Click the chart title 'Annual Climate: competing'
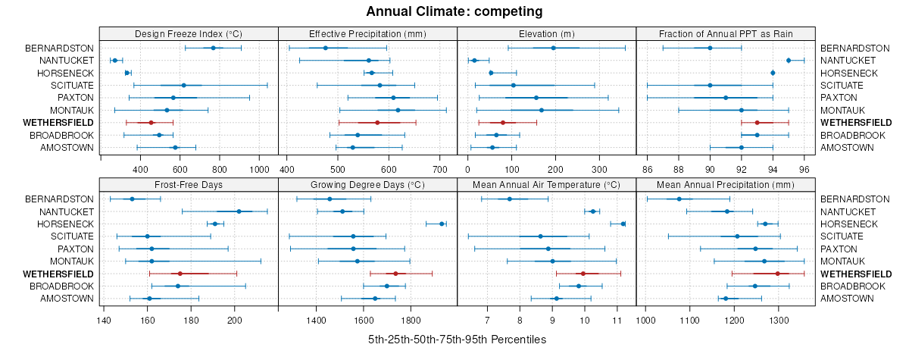(454, 11)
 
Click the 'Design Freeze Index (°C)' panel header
(189, 34)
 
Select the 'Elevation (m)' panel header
(547, 34)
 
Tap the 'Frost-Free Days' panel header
(189, 184)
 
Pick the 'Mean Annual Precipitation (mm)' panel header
(726, 184)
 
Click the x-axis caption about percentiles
(457, 340)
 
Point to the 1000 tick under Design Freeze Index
(259, 169)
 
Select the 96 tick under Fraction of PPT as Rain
(804, 169)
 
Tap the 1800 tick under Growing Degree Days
(411, 320)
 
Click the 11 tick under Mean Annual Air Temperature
(617, 320)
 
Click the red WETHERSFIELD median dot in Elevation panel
(502, 123)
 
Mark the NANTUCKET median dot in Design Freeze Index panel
(114, 60)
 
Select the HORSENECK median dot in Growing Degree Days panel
(442, 224)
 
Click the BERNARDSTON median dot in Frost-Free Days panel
(132, 199)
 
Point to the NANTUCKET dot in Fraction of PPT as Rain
(789, 60)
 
